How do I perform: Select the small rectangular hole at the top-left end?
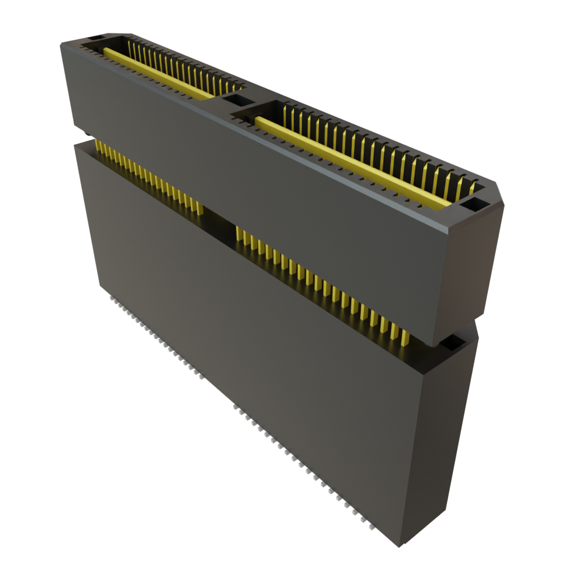point(94,38)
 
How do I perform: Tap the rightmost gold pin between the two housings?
point(405,337)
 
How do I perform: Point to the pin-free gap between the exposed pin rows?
point(218,218)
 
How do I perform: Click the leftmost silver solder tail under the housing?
point(110,296)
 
